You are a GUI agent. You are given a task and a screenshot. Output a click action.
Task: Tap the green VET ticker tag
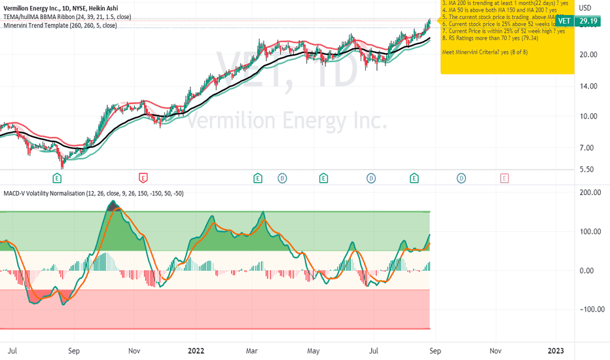point(565,21)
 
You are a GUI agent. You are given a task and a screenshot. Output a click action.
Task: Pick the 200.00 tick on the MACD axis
point(591,192)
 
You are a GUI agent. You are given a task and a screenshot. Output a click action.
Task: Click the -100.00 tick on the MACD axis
point(590,310)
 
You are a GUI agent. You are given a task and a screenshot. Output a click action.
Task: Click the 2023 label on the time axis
point(556,350)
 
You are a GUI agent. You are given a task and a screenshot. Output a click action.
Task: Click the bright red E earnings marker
point(143,177)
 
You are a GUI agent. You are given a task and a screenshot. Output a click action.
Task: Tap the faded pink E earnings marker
point(504,177)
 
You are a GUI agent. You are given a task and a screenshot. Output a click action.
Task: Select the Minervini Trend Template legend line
point(60,26)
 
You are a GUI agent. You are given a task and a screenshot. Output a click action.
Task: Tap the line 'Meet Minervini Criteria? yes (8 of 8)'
point(485,51)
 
